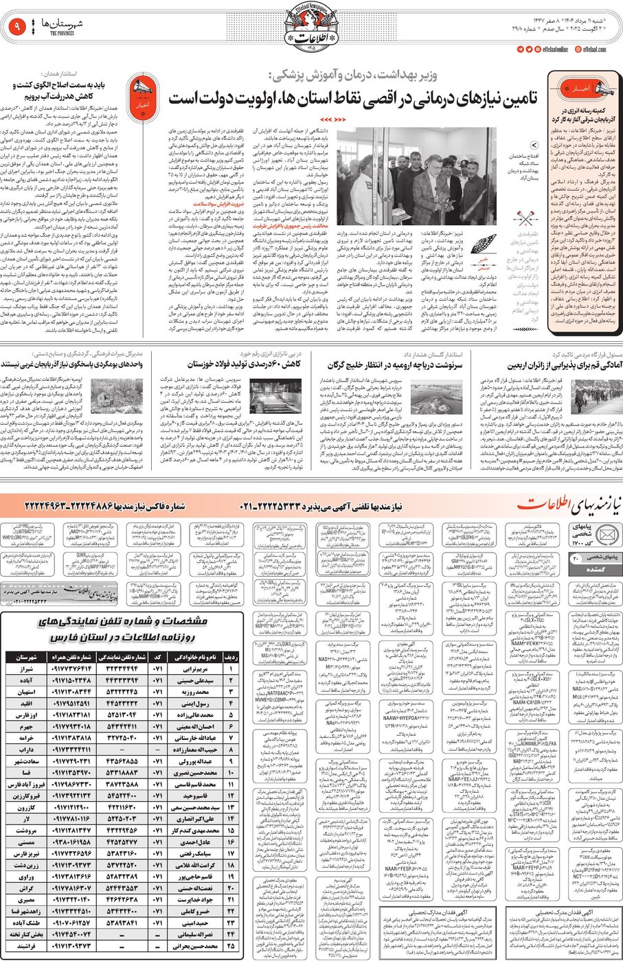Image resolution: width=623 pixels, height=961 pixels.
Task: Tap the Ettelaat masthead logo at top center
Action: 311,27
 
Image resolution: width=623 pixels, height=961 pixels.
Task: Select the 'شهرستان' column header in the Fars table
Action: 27,657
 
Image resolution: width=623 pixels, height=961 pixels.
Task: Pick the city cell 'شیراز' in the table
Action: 27,668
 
